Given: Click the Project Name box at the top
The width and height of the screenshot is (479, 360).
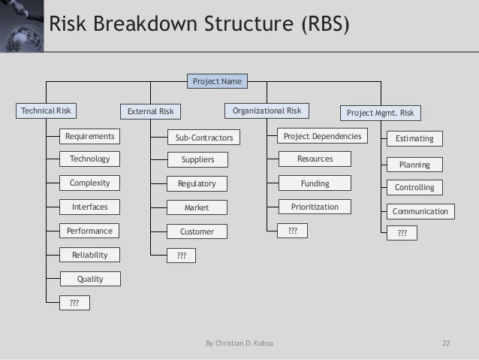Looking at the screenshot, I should (217, 80).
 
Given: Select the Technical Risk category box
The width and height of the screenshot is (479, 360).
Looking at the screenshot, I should (47, 111).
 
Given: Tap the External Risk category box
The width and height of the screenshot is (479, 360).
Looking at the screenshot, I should (150, 112).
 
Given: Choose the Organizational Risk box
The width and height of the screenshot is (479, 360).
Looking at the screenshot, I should (267, 111).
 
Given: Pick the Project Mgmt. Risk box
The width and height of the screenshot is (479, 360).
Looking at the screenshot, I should (380, 113).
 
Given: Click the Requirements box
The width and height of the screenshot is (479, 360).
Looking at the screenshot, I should (89, 136).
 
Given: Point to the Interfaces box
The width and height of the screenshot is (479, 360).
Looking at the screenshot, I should (89, 207).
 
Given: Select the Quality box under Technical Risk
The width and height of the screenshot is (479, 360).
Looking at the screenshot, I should (90, 279).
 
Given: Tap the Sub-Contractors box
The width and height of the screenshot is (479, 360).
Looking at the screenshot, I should (203, 138).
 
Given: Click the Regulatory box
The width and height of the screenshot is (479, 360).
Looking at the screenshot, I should (197, 183).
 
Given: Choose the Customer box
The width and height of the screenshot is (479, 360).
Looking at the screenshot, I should (197, 231).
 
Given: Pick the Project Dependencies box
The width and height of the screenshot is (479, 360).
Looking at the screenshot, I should (322, 136).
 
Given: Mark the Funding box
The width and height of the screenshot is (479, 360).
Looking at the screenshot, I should (315, 183).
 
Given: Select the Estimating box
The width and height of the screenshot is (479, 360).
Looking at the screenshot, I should (414, 138).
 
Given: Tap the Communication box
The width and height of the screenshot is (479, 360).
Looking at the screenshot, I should (420, 212).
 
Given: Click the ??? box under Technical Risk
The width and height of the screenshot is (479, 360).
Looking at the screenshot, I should (74, 303).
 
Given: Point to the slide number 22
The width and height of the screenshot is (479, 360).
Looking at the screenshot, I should (446, 344).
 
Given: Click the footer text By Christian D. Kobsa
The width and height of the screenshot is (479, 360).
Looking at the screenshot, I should (239, 344).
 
